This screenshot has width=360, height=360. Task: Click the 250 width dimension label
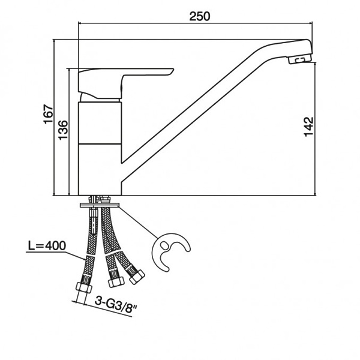200,16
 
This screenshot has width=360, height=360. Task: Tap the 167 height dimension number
49,115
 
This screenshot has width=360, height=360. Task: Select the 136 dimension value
63,130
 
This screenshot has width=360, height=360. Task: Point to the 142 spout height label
308,127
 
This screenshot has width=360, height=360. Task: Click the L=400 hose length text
47,245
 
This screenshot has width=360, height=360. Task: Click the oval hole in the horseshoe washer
164,245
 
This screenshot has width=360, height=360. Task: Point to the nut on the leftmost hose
84,287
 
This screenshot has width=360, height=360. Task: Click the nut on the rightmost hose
137,277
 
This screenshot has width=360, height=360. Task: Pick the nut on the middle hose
116,282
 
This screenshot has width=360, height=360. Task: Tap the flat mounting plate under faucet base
100,205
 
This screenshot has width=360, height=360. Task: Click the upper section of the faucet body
100,123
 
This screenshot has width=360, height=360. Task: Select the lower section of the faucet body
100,170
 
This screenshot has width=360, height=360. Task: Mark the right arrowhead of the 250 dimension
310,23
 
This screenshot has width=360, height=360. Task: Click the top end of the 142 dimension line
316,62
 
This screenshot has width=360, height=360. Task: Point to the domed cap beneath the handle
100,98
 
